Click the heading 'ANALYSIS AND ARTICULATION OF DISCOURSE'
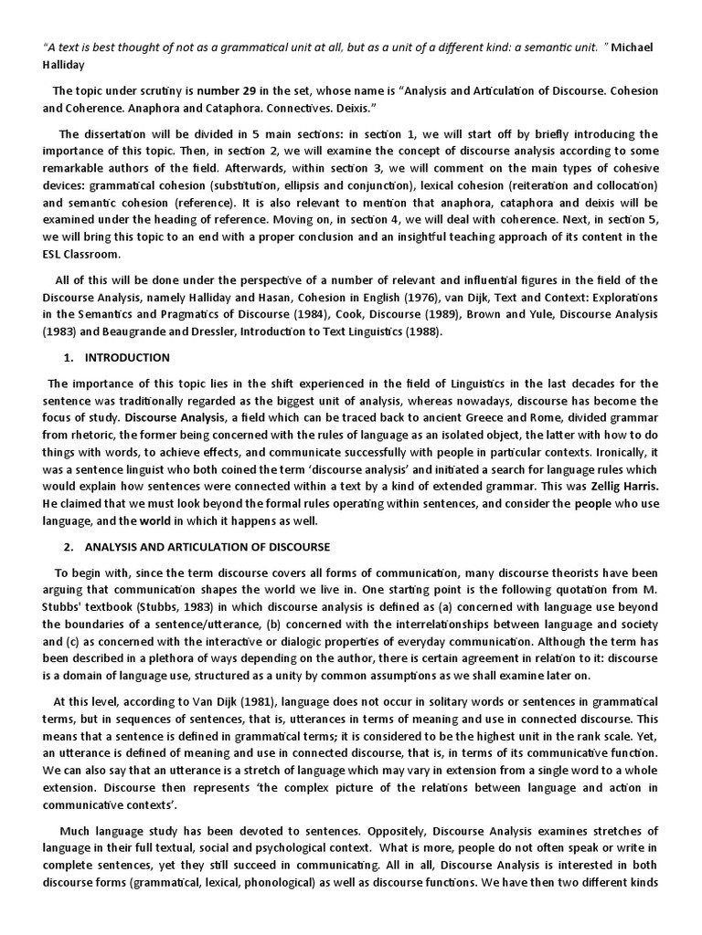pyautogui.click(x=207, y=546)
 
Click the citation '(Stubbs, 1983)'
pyautogui.click(x=159, y=606)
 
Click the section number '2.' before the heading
pyautogui.click(x=69, y=546)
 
